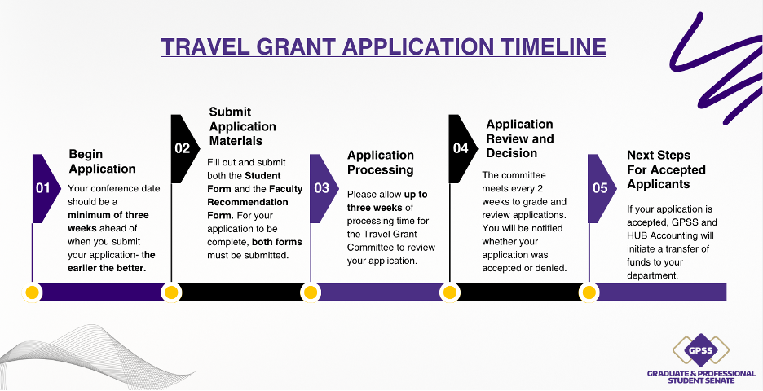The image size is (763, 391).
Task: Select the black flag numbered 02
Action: pos(184,148)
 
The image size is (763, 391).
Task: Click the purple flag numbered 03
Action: pos(323,188)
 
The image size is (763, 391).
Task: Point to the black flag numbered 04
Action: pos(462,148)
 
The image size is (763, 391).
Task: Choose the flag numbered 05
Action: pos(602,188)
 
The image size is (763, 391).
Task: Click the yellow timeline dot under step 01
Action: pos(32,292)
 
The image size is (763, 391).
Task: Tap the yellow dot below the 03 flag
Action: pos(311,292)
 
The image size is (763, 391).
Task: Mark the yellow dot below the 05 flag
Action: pos(589,292)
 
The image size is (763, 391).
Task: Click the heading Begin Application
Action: pos(102,161)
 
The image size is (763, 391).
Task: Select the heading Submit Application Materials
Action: pos(242,126)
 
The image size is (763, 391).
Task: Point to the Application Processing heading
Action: pos(381,162)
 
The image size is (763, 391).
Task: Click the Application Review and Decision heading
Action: pos(520,138)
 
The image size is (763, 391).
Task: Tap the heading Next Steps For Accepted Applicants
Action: pos(666,169)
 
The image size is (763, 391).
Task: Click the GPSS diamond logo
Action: pos(701,350)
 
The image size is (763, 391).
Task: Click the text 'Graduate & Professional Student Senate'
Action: pos(701,377)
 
